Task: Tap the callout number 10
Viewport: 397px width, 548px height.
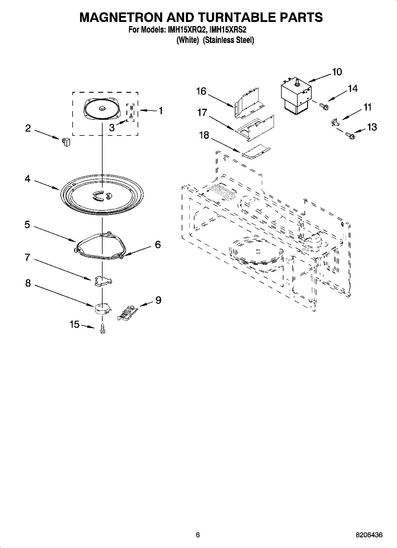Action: (x=337, y=72)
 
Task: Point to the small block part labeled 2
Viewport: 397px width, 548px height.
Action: (x=66, y=142)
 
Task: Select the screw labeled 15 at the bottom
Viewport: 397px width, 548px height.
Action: (x=103, y=328)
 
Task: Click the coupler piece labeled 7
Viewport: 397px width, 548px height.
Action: (x=103, y=281)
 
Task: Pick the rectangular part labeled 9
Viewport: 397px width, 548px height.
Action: (x=127, y=312)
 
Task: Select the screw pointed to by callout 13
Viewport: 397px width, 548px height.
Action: (x=350, y=136)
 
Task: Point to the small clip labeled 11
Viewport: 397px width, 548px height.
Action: (x=334, y=122)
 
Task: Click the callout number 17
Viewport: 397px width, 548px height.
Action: (x=202, y=113)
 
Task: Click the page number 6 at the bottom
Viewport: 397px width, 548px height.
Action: (x=198, y=535)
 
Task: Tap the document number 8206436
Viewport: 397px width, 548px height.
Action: (x=369, y=535)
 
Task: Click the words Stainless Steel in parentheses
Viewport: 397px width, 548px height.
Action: (x=228, y=40)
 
